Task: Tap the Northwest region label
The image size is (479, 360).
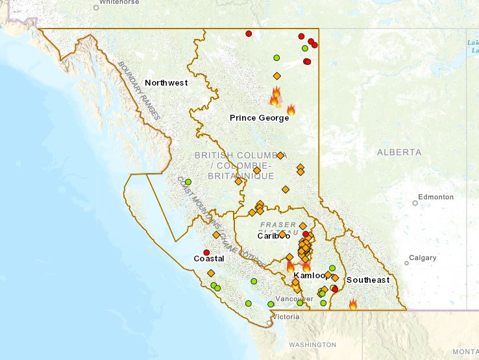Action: coord(166,82)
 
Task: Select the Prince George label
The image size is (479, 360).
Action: coord(259,117)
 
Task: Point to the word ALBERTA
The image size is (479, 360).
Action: coord(399,152)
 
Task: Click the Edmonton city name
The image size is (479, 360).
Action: coord(436,196)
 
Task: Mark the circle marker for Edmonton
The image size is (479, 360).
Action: coord(415,203)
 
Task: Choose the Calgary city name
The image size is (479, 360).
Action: coord(423,258)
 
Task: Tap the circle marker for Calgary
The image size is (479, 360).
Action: coord(407,263)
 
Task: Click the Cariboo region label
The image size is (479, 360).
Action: coord(273,235)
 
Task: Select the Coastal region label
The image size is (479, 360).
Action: coord(209,259)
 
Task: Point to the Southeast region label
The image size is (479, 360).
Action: coord(368,280)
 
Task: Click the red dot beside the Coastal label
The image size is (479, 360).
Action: coord(206,252)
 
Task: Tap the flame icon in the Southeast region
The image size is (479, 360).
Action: coord(353,304)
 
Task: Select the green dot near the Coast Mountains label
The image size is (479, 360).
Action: coord(188,182)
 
